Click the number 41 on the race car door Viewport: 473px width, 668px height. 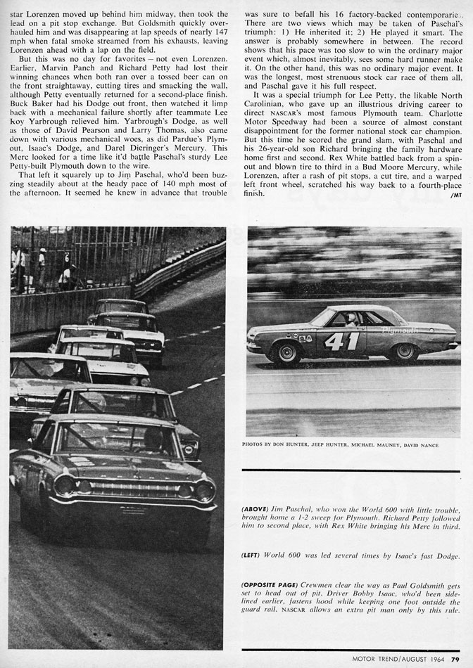(x=343, y=342)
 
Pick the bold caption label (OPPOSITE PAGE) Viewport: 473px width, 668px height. (x=270, y=584)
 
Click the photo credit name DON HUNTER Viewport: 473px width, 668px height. (x=303, y=445)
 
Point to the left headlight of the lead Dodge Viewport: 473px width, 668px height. (x=66, y=484)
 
